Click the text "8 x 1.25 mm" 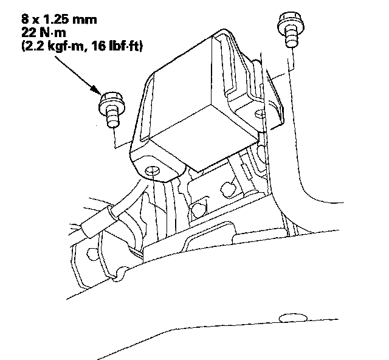click(59, 19)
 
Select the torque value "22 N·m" click(44, 32)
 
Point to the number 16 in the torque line click(98, 46)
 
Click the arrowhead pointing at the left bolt click(96, 89)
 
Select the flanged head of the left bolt click(112, 102)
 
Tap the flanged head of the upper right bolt click(291, 21)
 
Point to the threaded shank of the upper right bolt click(292, 36)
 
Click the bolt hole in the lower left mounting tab click(152, 170)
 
